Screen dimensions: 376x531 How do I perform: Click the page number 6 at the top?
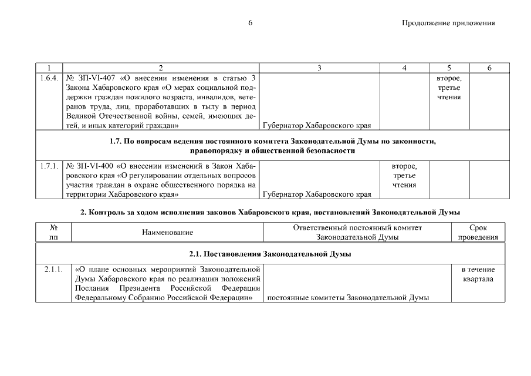pyautogui.click(x=250, y=23)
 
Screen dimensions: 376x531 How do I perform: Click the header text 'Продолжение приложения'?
pyautogui.click(x=448, y=23)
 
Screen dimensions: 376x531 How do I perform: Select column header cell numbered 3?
pyautogui.click(x=319, y=68)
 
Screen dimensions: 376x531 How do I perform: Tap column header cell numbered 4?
pyautogui.click(x=404, y=68)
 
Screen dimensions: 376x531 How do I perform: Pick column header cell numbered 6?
pyautogui.click(x=489, y=68)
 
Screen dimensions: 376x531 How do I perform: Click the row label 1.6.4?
pyautogui.click(x=49, y=78)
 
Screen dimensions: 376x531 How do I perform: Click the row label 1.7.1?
pyautogui.click(x=49, y=166)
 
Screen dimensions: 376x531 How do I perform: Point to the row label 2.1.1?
pyautogui.click(x=53, y=270)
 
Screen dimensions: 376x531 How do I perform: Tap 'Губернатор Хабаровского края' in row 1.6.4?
pyautogui.click(x=317, y=125)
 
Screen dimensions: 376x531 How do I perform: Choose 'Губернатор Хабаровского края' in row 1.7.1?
pyautogui.click(x=317, y=194)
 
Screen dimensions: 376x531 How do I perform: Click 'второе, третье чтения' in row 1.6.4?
pyautogui.click(x=448, y=88)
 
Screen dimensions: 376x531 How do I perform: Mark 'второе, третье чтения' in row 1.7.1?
pyautogui.click(x=404, y=176)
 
